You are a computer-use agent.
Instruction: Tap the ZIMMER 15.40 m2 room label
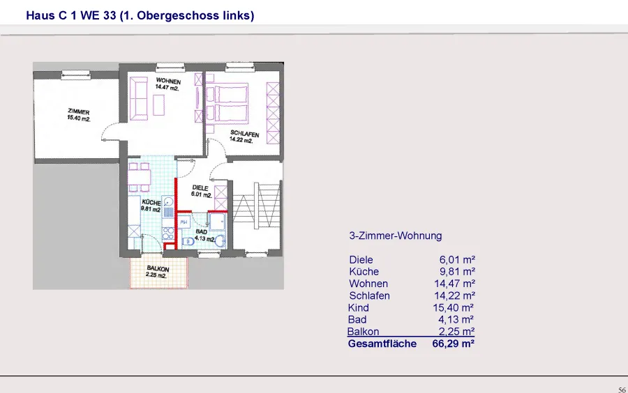[x=78, y=115]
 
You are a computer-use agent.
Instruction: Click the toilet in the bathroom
[x=187, y=242]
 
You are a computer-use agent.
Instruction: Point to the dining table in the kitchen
[x=139, y=176]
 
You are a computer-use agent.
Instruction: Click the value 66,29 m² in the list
[x=454, y=344]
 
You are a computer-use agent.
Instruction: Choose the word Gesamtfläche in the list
[x=382, y=344]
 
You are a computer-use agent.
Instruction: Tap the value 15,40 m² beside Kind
[x=453, y=307]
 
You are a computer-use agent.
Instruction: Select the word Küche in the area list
[x=364, y=272]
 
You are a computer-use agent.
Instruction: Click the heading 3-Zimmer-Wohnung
[x=396, y=236]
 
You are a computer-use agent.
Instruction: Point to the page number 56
[x=622, y=390]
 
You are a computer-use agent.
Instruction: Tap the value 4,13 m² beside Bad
[x=456, y=319]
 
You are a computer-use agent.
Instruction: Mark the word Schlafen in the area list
[x=369, y=295]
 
